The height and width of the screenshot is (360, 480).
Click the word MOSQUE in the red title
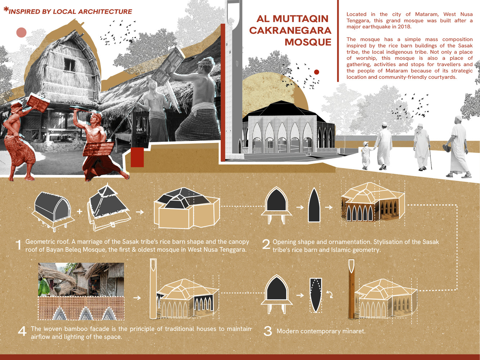[308, 42]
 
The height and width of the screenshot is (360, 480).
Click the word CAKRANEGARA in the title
[290, 30]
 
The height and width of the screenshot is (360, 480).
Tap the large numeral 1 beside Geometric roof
[19, 245]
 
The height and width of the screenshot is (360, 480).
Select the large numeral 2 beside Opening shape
[266, 244]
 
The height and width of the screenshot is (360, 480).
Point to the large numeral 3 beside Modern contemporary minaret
[268, 331]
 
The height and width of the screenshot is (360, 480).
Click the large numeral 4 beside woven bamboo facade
[22, 331]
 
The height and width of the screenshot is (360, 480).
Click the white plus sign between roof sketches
[80, 211]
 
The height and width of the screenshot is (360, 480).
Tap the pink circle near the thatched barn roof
[22, 32]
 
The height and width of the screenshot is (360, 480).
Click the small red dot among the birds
[317, 72]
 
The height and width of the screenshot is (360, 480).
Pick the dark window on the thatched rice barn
[69, 64]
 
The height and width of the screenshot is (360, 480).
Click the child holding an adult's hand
[365, 155]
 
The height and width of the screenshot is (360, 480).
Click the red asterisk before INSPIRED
[6, 9]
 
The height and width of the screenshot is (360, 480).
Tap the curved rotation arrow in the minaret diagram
[330, 294]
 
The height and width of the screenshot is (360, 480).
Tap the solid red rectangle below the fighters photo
[137, 157]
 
